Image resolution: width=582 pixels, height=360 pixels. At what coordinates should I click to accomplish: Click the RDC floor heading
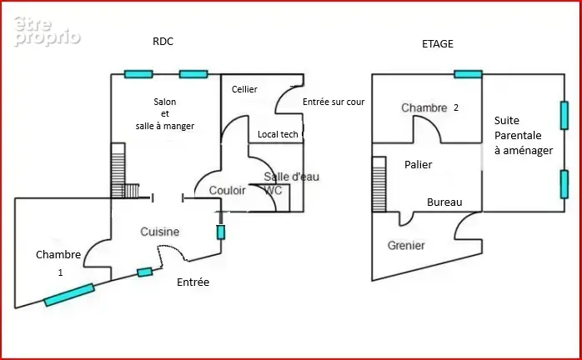[x=163, y=41]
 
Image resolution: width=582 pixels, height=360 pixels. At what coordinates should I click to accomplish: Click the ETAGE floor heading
[x=438, y=44]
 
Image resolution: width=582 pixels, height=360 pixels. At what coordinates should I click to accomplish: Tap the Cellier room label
[x=244, y=89]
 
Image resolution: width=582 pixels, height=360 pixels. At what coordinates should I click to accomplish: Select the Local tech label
[x=278, y=134]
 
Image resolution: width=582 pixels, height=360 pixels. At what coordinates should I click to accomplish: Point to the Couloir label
[x=227, y=190]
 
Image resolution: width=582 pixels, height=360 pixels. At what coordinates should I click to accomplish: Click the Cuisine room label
[x=159, y=232]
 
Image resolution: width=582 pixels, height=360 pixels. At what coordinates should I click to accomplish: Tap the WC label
[x=273, y=190]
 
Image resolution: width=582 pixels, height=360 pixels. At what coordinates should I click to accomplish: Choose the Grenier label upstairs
[x=406, y=245]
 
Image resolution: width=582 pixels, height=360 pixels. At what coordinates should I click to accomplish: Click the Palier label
[x=419, y=164]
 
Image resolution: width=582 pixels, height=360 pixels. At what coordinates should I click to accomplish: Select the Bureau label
[x=444, y=202]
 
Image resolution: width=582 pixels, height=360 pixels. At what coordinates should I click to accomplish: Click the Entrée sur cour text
[x=334, y=102]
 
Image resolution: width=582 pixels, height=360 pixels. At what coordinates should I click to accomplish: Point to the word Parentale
[x=518, y=136]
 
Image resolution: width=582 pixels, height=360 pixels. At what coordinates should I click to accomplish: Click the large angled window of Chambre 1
[x=69, y=295]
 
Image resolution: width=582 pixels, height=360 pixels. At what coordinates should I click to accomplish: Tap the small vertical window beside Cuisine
[x=220, y=232]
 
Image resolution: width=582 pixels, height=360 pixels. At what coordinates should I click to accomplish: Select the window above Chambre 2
[x=468, y=74]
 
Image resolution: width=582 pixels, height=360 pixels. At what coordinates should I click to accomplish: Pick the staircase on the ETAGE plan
[x=379, y=184]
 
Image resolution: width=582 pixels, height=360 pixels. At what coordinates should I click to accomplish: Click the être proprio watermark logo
[x=47, y=32]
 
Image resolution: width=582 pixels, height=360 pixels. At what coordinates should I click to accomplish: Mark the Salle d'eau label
[x=291, y=177]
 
